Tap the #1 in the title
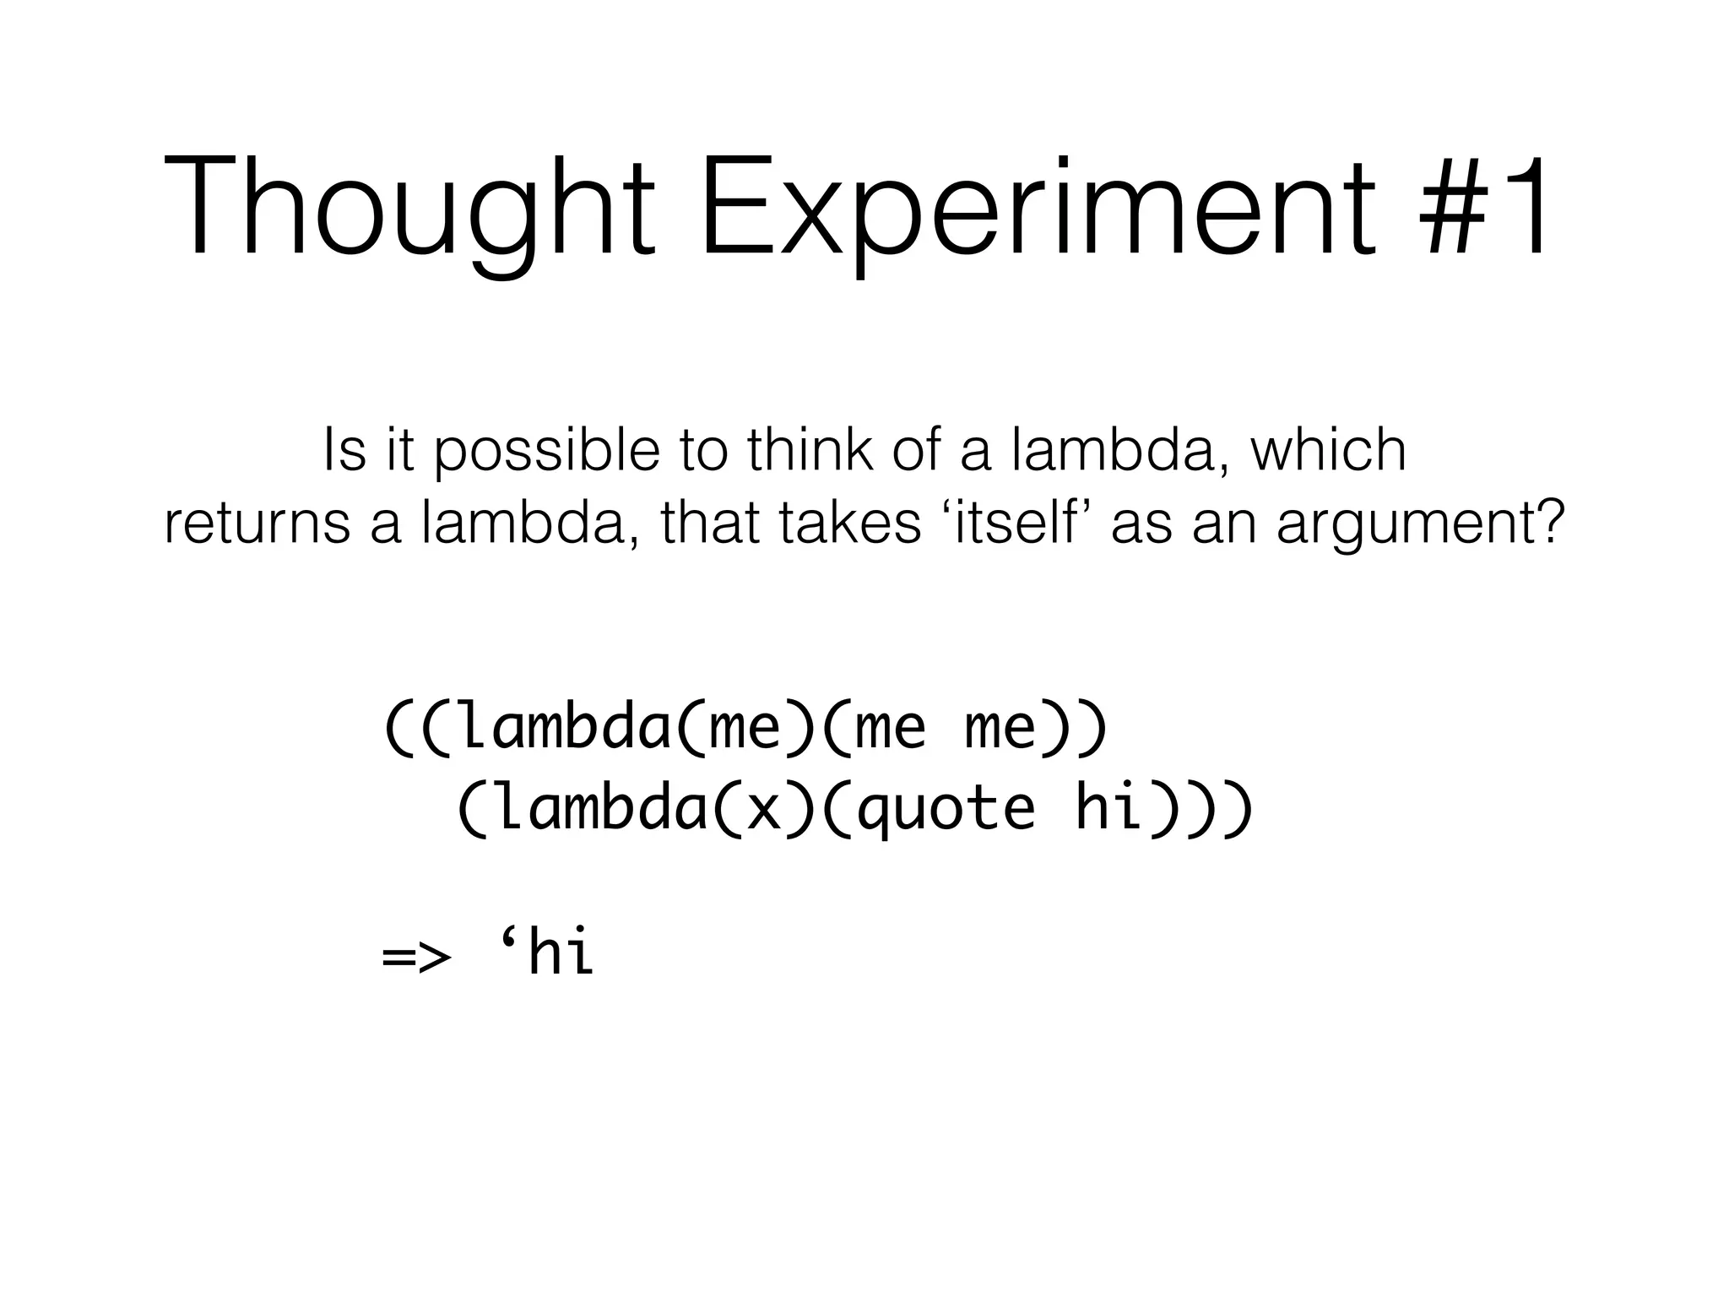[1486, 207]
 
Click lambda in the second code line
[600, 808]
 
